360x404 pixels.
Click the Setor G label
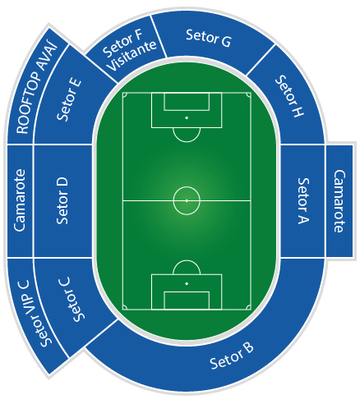point(209,38)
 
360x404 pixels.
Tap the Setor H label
point(289,96)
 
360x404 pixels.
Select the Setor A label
point(303,201)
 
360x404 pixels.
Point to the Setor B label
point(232,356)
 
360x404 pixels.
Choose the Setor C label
point(72,299)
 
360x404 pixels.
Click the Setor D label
point(62,201)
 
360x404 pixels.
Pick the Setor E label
point(69,99)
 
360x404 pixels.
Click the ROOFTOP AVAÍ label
point(37,88)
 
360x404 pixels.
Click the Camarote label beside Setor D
point(20,200)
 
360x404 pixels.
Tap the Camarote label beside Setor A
point(339,201)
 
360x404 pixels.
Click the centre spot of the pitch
point(187,200)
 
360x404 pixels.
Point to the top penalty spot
point(187,117)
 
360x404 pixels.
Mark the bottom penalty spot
point(187,283)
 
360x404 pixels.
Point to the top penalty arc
point(187,141)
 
